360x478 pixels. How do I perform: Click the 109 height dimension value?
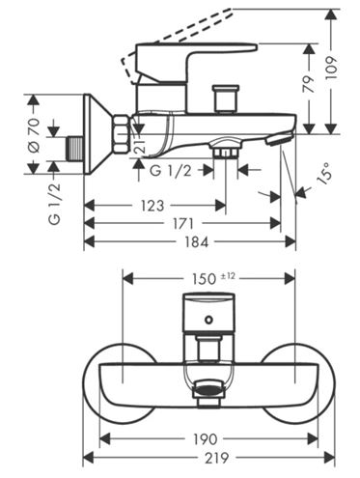pos(333,68)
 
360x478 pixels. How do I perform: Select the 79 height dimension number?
pos(310,85)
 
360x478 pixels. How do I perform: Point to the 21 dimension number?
pos(140,146)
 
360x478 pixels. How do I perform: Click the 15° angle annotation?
pos(324,173)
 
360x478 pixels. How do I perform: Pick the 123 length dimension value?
pos(152,206)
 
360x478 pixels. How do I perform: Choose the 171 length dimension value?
pos(182,223)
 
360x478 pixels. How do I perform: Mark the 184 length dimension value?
pos(197,241)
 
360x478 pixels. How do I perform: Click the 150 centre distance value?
pos(204,279)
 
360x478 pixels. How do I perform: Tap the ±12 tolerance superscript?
pos(228,276)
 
